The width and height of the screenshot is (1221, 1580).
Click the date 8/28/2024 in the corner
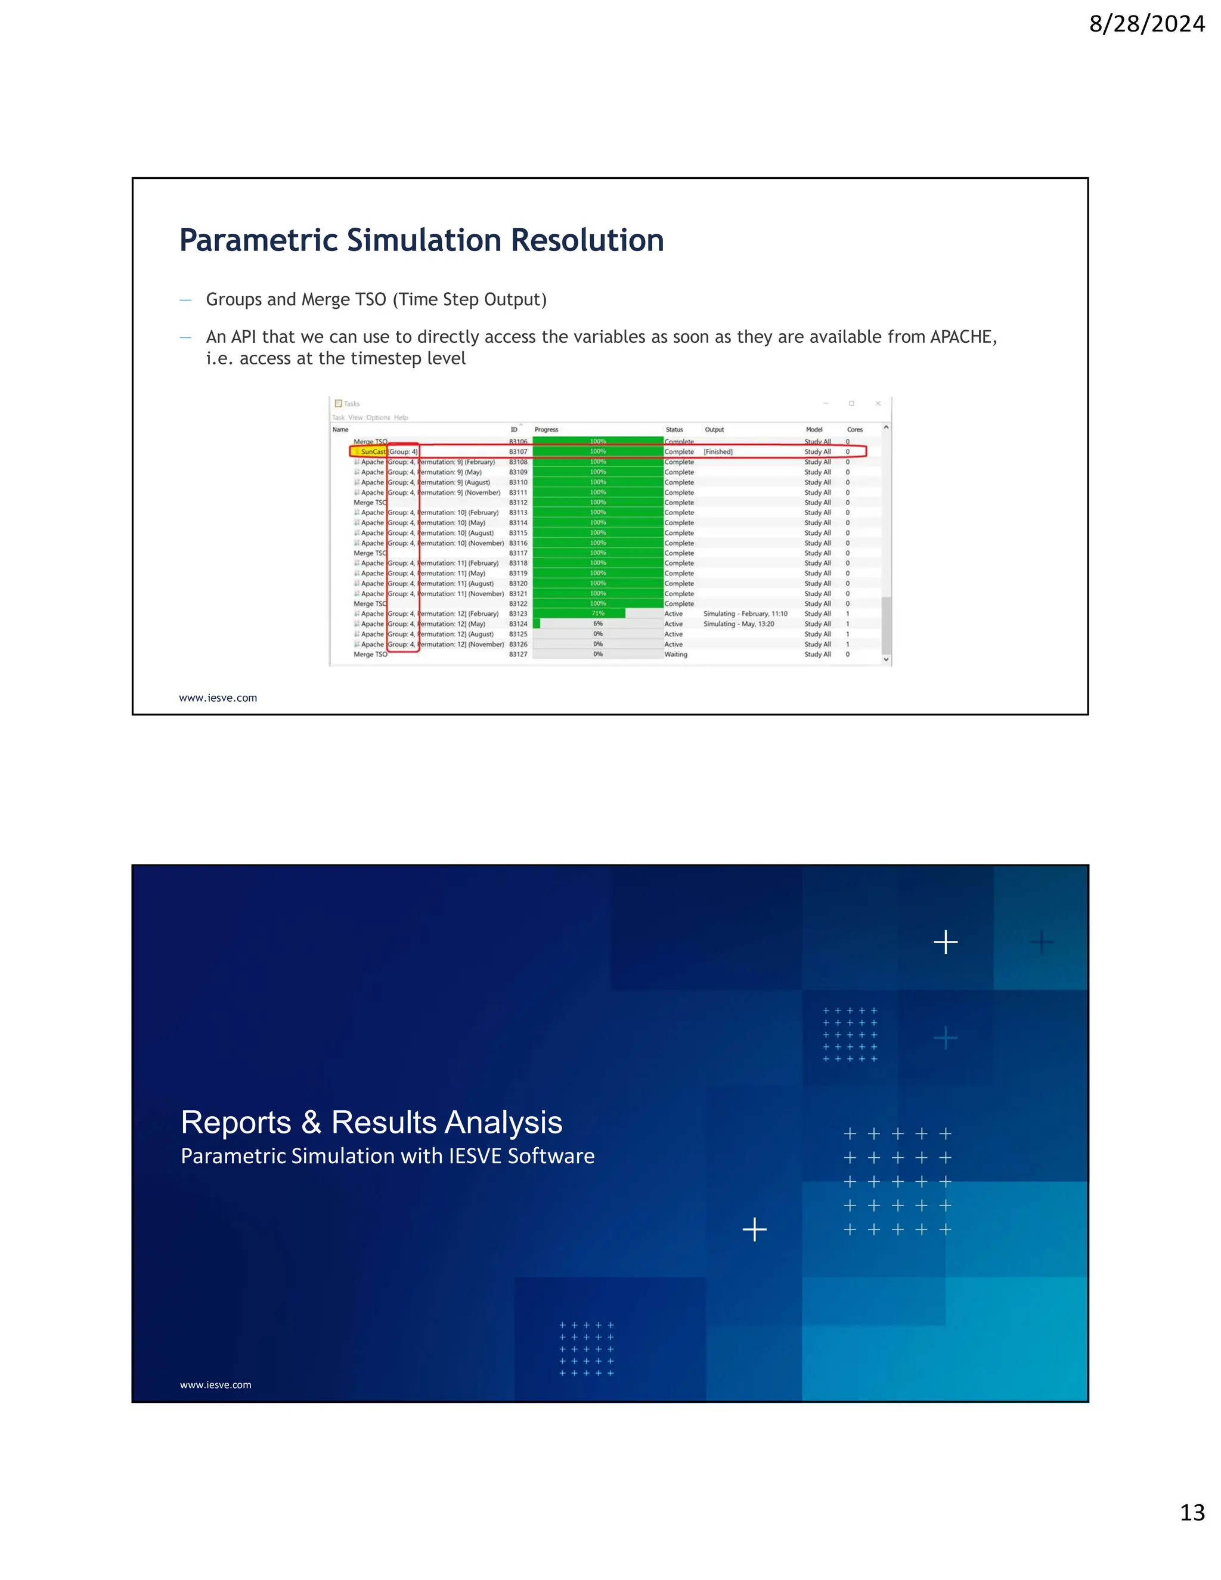point(1146,24)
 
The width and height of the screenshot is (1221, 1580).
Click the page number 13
point(1192,1512)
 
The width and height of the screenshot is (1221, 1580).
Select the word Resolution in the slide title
point(587,240)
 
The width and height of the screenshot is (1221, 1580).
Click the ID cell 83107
point(518,451)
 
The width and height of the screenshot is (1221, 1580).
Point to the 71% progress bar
point(579,614)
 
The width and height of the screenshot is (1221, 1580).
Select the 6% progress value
point(597,624)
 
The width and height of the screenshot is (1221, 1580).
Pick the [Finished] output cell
point(718,451)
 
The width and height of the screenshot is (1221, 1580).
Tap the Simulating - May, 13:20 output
point(739,624)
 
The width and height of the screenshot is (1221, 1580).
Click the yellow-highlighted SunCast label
point(373,451)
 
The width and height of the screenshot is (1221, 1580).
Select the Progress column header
point(546,430)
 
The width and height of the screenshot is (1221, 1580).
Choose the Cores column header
point(854,430)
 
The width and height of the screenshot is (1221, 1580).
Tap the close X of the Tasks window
point(878,404)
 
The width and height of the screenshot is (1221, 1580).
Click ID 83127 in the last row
point(518,654)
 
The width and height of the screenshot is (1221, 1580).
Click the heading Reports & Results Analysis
point(371,1122)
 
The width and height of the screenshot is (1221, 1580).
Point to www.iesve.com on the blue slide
point(216,1384)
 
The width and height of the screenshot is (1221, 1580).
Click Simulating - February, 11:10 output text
point(745,614)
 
